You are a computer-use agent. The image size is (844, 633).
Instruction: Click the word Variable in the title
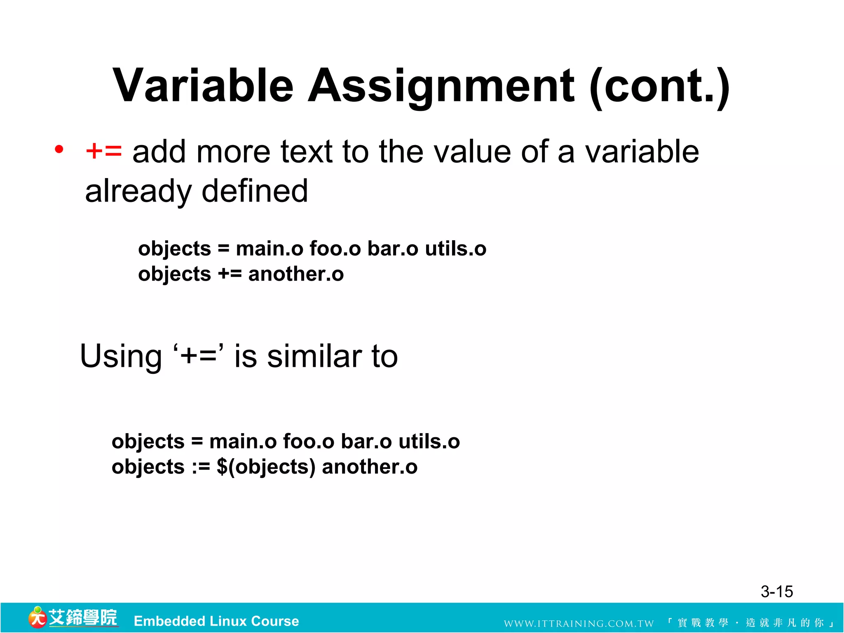click(203, 86)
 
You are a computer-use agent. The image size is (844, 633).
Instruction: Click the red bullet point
click(59, 149)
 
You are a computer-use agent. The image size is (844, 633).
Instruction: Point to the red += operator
click(103, 151)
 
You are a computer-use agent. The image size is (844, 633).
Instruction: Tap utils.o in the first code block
click(455, 249)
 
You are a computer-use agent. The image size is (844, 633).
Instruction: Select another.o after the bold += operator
click(296, 274)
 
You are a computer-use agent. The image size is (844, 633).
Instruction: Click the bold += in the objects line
click(230, 274)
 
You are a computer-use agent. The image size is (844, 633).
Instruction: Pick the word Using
click(121, 356)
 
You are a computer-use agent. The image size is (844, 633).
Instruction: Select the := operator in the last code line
click(201, 467)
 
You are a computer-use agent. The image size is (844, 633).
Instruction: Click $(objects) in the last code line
click(266, 467)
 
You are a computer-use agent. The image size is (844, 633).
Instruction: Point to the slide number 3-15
click(776, 592)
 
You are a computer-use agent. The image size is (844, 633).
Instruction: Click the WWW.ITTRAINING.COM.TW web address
click(579, 624)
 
